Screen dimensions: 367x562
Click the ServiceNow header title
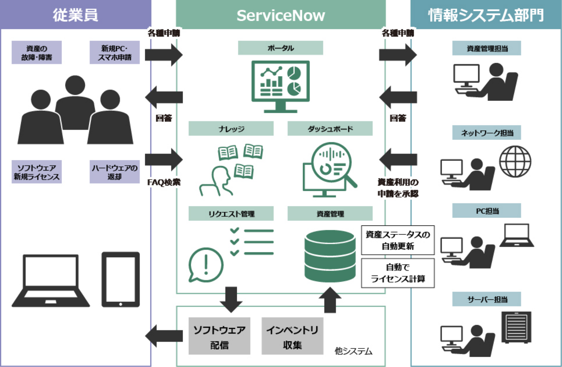click(280, 16)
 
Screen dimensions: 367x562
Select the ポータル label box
click(280, 48)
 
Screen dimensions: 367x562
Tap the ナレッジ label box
click(231, 129)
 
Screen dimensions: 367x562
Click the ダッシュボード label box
click(330, 129)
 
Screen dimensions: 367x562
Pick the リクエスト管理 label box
click(231, 214)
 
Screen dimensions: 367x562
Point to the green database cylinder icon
click(330, 256)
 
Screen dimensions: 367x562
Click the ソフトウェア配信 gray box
click(219, 336)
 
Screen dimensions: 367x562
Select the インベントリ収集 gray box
click(292, 336)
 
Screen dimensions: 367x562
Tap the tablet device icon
click(121, 280)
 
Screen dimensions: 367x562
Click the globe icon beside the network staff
click(515, 162)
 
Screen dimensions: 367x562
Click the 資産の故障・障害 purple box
click(36, 53)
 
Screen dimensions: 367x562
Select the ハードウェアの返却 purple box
click(115, 172)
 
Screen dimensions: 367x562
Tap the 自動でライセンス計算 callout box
click(398, 273)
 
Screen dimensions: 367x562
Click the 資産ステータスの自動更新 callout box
click(398, 240)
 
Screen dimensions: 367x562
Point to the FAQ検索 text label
click(164, 182)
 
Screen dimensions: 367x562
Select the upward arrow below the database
click(330, 300)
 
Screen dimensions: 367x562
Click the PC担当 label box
click(486, 211)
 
